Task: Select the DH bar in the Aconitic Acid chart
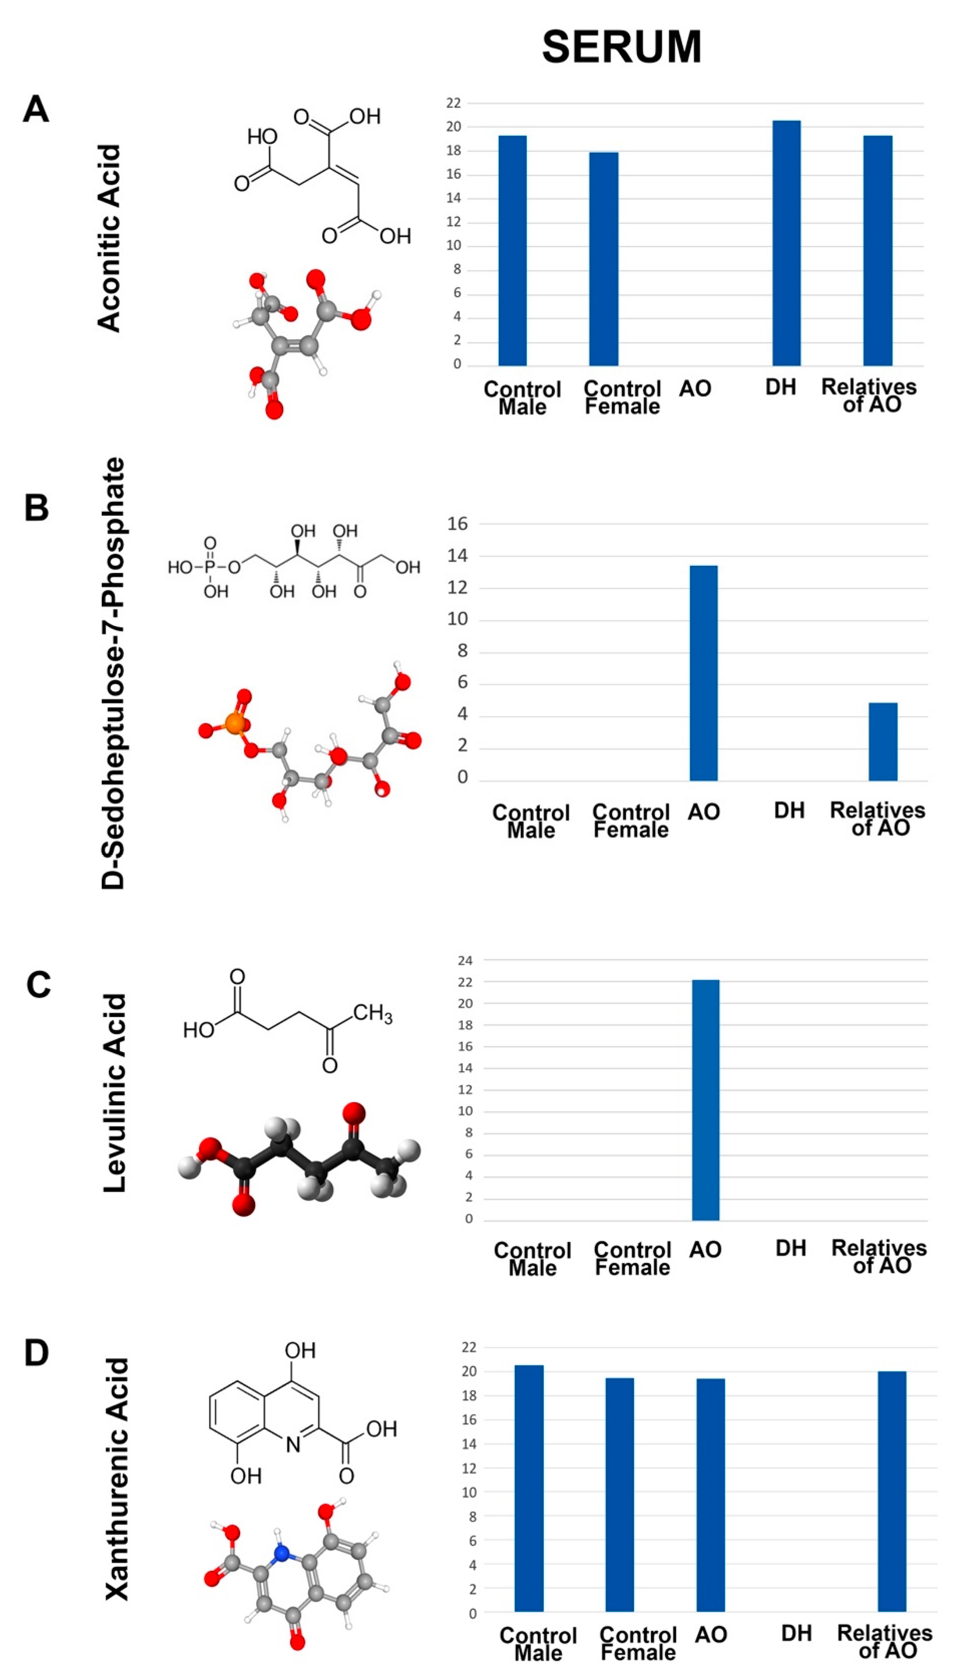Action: [x=786, y=243]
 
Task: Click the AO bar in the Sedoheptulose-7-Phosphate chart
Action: [x=703, y=673]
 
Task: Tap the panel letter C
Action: [x=38, y=985]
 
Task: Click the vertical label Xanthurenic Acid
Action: [x=117, y=1479]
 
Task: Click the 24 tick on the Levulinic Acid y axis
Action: [x=465, y=960]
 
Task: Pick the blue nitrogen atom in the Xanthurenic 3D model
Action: [x=282, y=1554]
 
